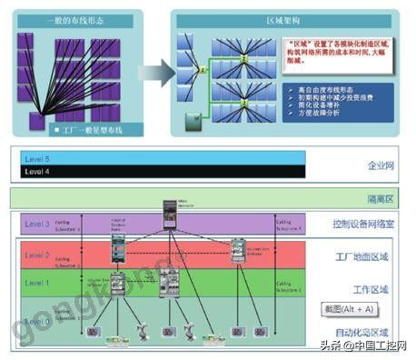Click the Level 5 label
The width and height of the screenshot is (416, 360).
click(38, 160)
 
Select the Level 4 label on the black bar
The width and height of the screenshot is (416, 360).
click(38, 172)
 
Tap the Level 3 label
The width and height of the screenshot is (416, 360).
click(37, 222)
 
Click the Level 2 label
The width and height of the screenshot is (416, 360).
click(37, 256)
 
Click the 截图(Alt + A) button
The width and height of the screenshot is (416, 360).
click(343, 308)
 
